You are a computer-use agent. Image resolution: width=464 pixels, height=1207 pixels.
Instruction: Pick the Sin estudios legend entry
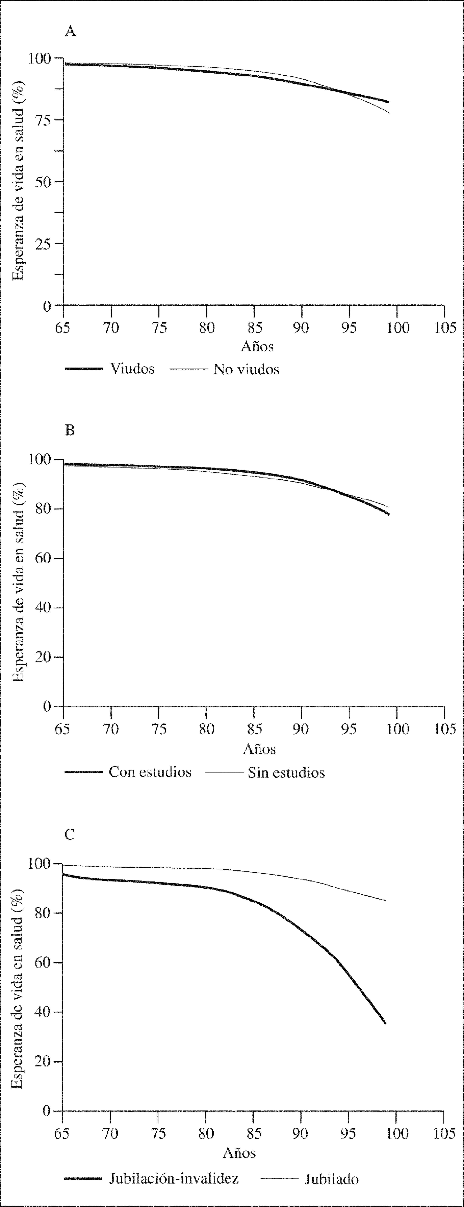[286, 773]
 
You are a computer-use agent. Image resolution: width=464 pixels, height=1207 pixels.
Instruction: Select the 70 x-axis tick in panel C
[110, 1133]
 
